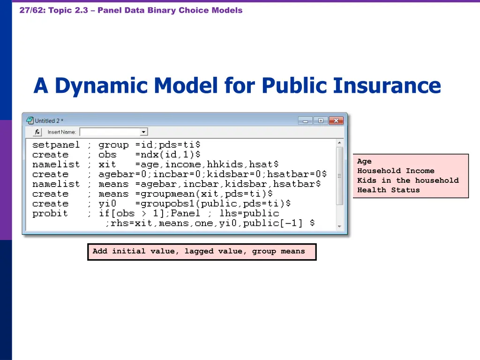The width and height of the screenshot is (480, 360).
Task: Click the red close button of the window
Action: (336, 120)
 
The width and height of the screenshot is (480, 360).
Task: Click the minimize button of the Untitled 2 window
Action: (305, 120)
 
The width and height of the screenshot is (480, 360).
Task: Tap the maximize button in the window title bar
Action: (320, 120)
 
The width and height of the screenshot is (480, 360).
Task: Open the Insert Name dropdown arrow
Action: (144, 132)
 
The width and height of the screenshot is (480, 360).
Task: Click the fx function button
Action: (37, 132)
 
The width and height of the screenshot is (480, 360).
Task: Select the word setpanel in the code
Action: (56, 145)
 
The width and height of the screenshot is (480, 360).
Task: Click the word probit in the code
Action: (50, 213)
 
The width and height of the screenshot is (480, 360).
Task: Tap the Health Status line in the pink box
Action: (388, 190)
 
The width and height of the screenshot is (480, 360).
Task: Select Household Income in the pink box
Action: (396, 171)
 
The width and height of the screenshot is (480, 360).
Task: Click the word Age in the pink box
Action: (364, 161)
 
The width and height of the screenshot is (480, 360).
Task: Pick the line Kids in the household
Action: (408, 180)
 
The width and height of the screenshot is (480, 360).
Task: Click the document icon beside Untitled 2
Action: (30, 120)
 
